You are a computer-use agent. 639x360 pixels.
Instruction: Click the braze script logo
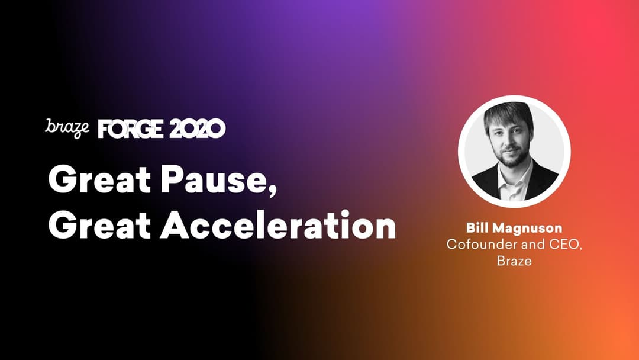pos(67,128)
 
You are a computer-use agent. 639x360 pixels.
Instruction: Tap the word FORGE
pos(131,129)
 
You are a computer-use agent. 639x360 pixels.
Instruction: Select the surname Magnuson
pos(527,228)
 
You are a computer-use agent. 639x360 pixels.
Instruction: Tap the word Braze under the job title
pos(514,261)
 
